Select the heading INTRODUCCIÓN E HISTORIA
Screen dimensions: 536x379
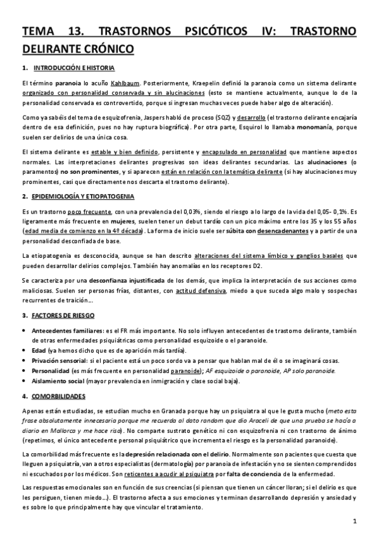74,68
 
